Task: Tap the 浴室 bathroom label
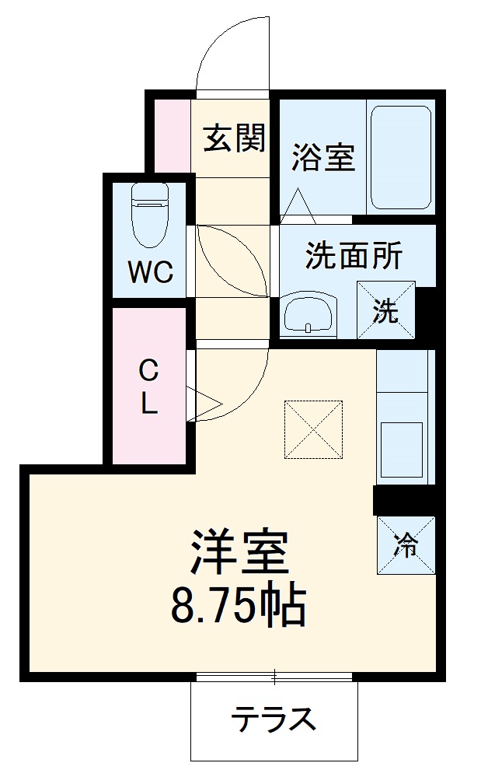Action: [x=322, y=157]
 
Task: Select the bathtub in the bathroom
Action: [x=401, y=157]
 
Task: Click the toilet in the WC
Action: [x=150, y=215]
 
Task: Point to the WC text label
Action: [x=151, y=271]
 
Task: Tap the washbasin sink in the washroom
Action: [x=308, y=315]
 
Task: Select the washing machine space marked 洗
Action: [x=386, y=310]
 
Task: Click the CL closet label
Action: [x=148, y=387]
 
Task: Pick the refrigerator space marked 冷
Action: [x=406, y=545]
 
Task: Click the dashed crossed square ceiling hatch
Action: [x=313, y=429]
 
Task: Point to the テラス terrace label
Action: [x=274, y=719]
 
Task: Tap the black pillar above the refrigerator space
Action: [x=405, y=500]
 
